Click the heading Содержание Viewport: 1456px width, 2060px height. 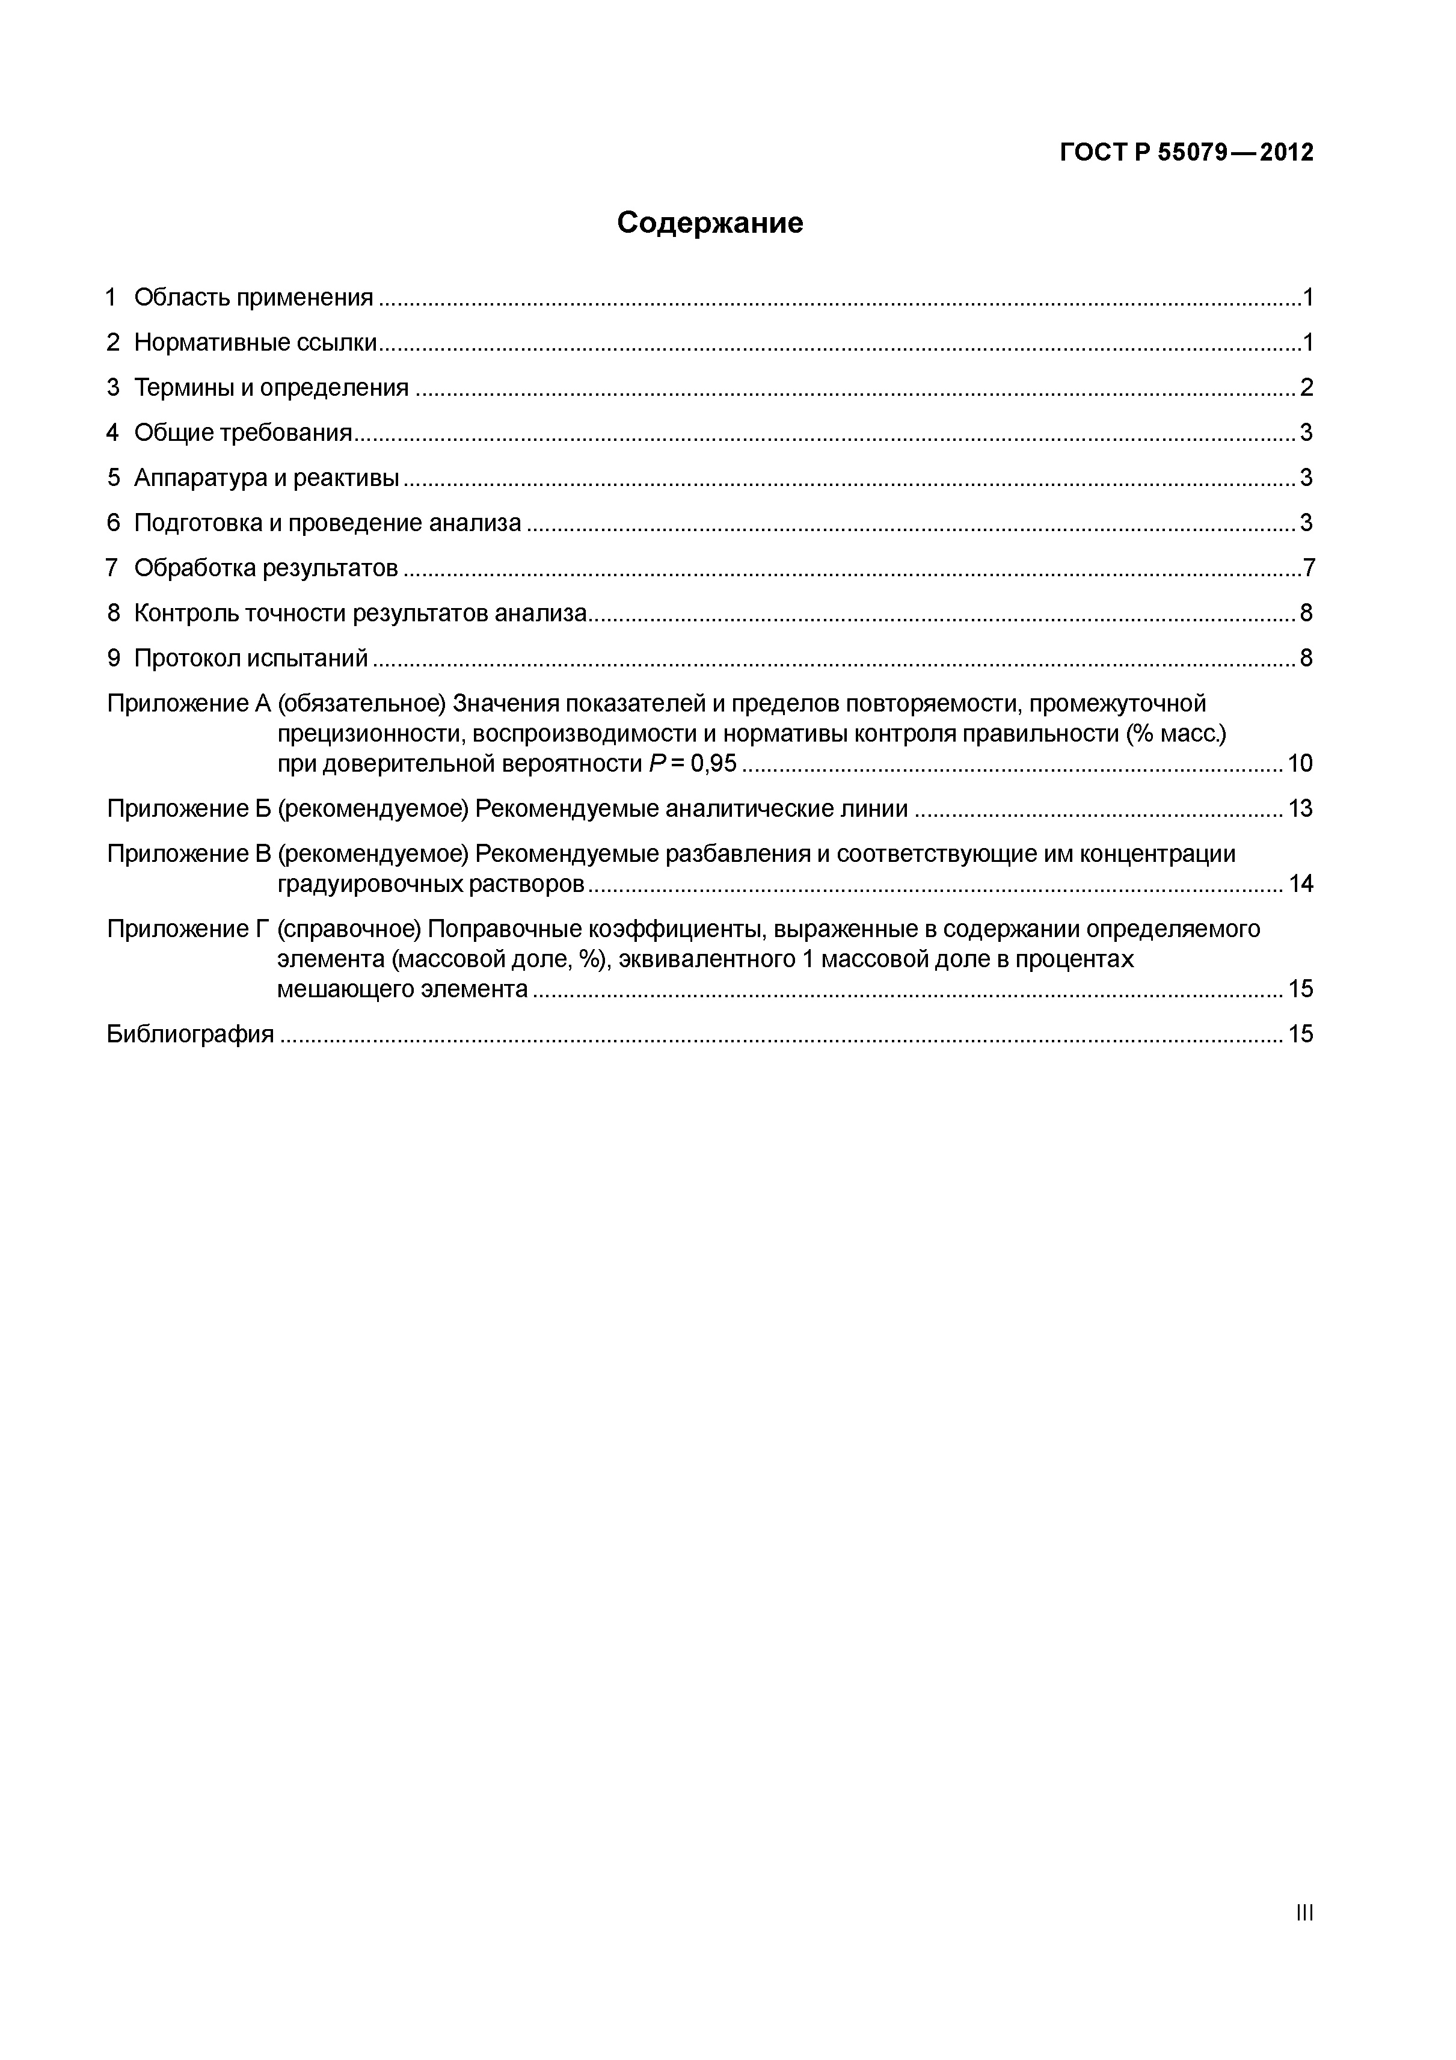click(710, 223)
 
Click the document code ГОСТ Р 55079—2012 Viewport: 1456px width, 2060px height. click(1186, 153)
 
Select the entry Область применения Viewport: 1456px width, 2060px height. click(253, 298)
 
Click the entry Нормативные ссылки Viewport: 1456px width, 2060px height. click(255, 343)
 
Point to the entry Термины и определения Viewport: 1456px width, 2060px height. click(271, 387)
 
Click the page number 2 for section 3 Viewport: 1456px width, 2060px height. click(1306, 387)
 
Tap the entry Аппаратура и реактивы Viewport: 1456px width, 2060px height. click(266, 478)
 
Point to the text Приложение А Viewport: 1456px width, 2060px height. click(188, 704)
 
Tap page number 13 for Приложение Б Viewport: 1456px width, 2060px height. click(1300, 810)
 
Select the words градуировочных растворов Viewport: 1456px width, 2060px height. click(431, 885)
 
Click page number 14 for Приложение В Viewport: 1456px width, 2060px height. click(1300, 885)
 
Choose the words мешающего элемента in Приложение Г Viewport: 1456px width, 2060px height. click(402, 989)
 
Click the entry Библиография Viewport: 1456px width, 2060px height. click(190, 1035)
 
